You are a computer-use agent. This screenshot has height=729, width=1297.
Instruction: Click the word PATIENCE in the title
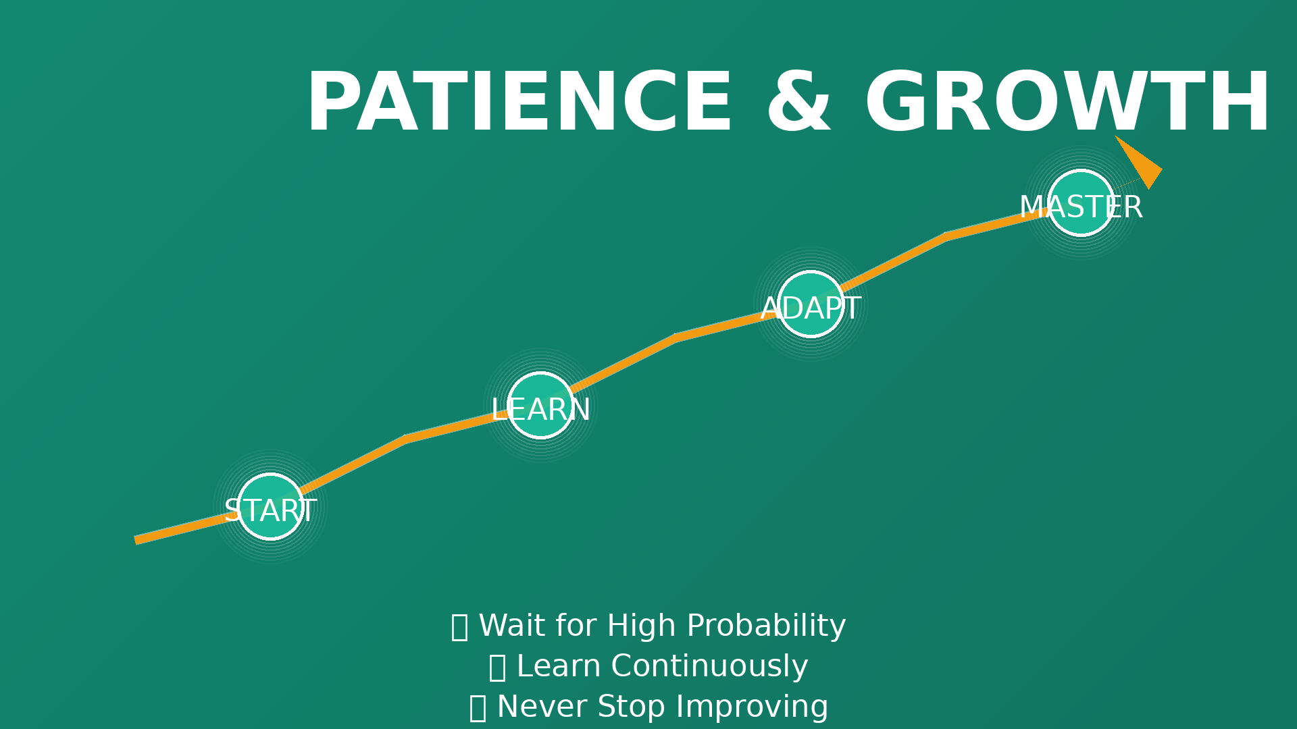click(x=519, y=103)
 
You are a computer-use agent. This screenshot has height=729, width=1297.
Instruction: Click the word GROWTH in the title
click(x=1067, y=103)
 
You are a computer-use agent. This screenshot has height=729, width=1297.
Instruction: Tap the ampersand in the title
click(x=798, y=103)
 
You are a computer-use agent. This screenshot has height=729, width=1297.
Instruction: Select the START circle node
click(x=270, y=506)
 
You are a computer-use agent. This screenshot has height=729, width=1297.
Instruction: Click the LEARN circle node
click(x=540, y=405)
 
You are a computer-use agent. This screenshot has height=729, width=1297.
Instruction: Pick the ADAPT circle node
click(x=811, y=304)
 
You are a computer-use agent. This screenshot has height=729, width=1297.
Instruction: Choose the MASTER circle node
click(x=1081, y=202)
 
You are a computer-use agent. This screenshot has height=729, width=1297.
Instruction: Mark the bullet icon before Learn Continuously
click(x=497, y=668)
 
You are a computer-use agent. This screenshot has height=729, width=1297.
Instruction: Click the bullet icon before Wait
click(x=459, y=627)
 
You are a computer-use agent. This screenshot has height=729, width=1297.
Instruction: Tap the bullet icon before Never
click(x=478, y=708)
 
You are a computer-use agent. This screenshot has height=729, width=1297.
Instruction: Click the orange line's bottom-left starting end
click(x=136, y=540)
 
